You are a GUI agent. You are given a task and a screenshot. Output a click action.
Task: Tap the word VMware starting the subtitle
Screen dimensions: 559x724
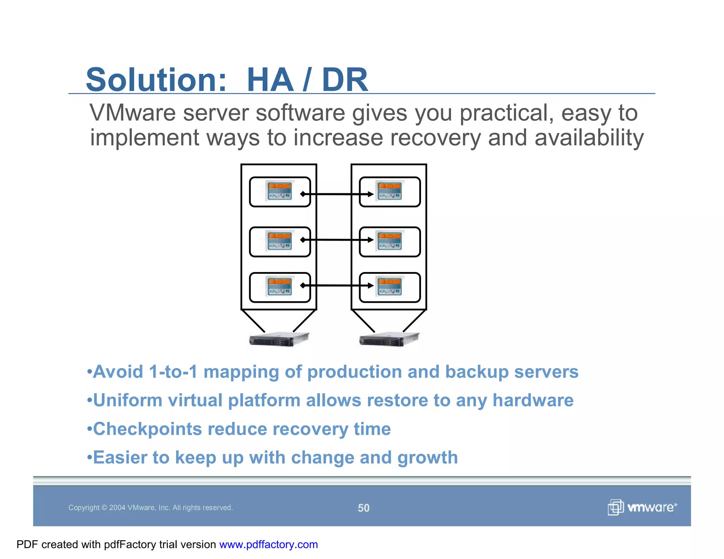(133, 113)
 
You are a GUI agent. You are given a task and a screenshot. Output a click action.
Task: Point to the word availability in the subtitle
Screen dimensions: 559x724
(589, 138)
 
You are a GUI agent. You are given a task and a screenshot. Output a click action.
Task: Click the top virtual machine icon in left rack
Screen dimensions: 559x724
(280, 191)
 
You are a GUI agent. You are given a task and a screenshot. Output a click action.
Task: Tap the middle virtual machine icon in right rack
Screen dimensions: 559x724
(390, 241)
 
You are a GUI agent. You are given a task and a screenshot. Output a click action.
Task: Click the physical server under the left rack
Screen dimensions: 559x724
(279, 340)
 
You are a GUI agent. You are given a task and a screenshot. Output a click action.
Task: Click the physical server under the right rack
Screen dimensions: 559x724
(389, 340)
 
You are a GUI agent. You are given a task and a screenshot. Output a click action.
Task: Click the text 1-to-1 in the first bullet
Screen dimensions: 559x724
(173, 372)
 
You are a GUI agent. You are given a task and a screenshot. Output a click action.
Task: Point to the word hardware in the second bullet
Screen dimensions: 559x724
(533, 401)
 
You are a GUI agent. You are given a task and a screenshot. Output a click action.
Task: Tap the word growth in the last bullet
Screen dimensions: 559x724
(427, 458)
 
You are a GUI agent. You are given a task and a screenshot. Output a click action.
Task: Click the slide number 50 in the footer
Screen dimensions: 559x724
(363, 508)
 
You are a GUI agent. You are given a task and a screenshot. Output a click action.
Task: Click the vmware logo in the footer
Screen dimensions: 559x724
(642, 507)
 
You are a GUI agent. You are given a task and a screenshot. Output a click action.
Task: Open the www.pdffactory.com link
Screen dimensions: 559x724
(268, 545)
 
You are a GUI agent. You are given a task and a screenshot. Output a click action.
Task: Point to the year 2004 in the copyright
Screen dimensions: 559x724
(117, 508)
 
